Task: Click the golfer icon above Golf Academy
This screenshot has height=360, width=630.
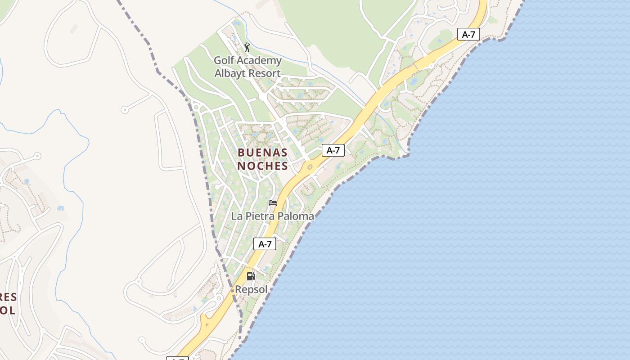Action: tap(247, 47)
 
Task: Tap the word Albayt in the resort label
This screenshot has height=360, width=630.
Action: tap(231, 73)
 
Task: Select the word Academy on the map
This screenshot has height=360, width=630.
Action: tap(260, 60)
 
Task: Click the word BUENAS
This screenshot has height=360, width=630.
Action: tap(263, 153)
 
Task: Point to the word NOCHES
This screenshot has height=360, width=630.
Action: tap(263, 166)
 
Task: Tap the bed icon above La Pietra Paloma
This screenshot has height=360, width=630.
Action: tap(273, 203)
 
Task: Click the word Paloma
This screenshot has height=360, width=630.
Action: tap(296, 216)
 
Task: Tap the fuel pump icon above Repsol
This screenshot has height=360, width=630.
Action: tap(251, 276)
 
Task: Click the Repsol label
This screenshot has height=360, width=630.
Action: tap(251, 290)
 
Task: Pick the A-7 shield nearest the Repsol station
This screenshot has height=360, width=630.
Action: tap(265, 244)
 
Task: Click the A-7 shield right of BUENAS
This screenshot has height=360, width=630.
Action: tap(333, 150)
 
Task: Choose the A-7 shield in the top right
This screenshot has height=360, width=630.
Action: tap(468, 34)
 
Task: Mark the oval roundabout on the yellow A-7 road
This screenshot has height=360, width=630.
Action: tap(310, 167)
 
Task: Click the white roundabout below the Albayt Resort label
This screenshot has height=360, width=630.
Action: tap(262, 97)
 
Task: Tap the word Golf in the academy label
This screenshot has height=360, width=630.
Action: tap(224, 60)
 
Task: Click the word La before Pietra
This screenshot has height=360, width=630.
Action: tap(237, 216)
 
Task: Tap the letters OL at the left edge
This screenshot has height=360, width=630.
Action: tap(8, 310)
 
